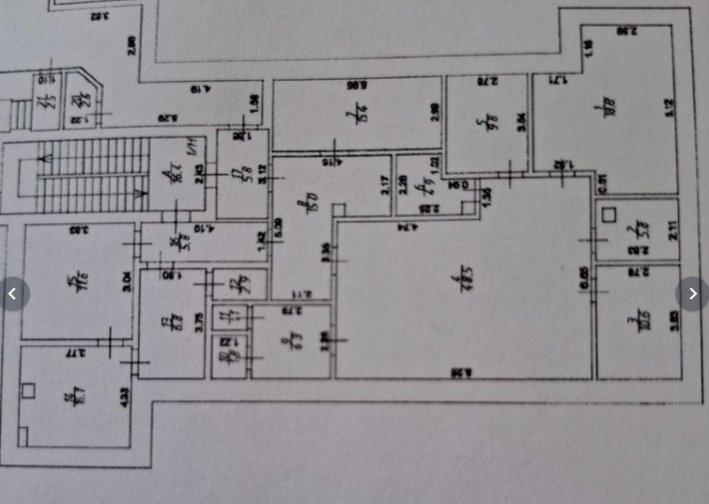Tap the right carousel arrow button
[x=693, y=293]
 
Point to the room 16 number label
[x=173, y=242]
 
